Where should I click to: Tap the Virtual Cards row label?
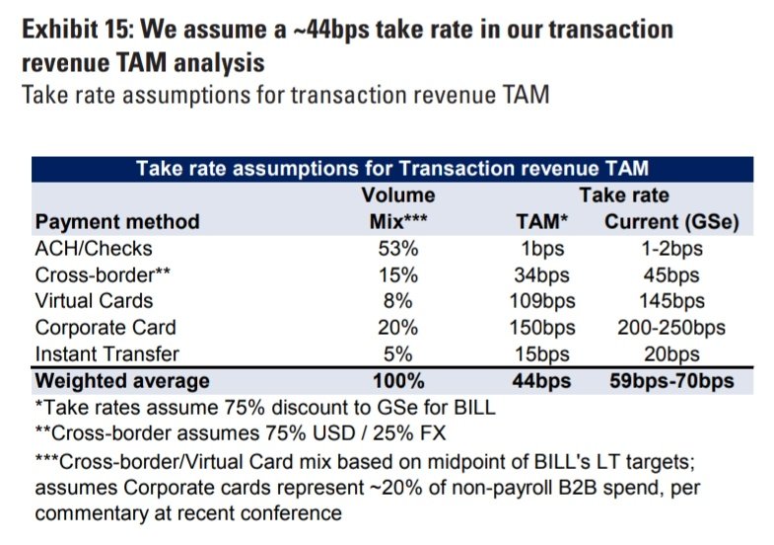95,301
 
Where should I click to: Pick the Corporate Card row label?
105,328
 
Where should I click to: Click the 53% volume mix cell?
399,248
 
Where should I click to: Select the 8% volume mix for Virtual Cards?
399,301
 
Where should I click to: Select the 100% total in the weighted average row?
399,380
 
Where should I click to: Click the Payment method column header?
117,221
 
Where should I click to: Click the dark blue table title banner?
391,169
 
